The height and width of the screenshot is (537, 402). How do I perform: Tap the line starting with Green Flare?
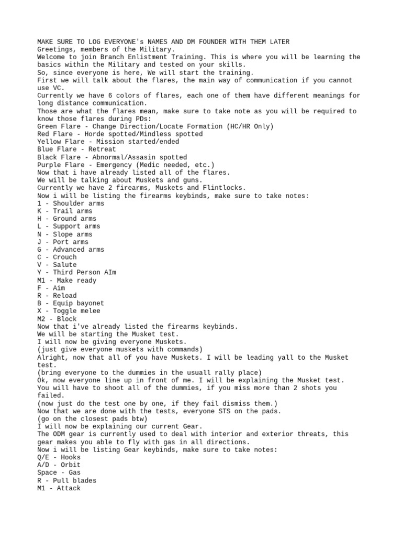click(155, 126)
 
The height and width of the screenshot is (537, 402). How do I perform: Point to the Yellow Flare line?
click(108, 142)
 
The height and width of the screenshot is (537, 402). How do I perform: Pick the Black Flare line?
click(112, 157)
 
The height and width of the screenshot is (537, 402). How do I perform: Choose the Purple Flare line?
click(126, 165)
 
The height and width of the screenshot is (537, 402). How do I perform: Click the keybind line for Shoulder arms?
click(71, 203)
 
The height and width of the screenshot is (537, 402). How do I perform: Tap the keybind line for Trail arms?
click(65, 211)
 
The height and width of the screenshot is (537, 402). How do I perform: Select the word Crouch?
click(65, 257)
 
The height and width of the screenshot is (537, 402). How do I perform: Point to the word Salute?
click(65, 265)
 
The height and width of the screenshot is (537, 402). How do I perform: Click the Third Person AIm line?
click(76, 273)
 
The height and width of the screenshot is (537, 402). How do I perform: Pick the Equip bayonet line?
click(71, 303)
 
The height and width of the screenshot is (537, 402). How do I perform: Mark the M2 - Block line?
click(57, 319)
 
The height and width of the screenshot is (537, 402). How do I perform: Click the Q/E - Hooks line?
click(59, 457)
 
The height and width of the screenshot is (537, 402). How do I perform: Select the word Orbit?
click(67, 465)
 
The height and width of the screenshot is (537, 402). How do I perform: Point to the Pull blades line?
click(67, 480)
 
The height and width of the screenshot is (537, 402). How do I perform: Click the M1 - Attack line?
click(59, 488)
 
